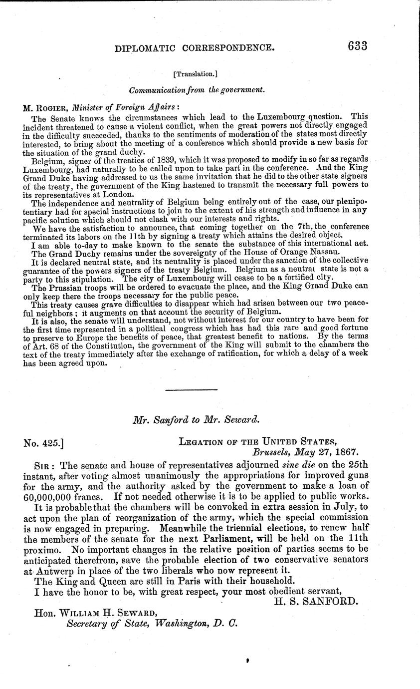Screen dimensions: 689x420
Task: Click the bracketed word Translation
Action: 195,74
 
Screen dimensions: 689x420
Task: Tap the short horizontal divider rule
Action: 191,389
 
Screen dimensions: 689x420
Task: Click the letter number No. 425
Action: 42,442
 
